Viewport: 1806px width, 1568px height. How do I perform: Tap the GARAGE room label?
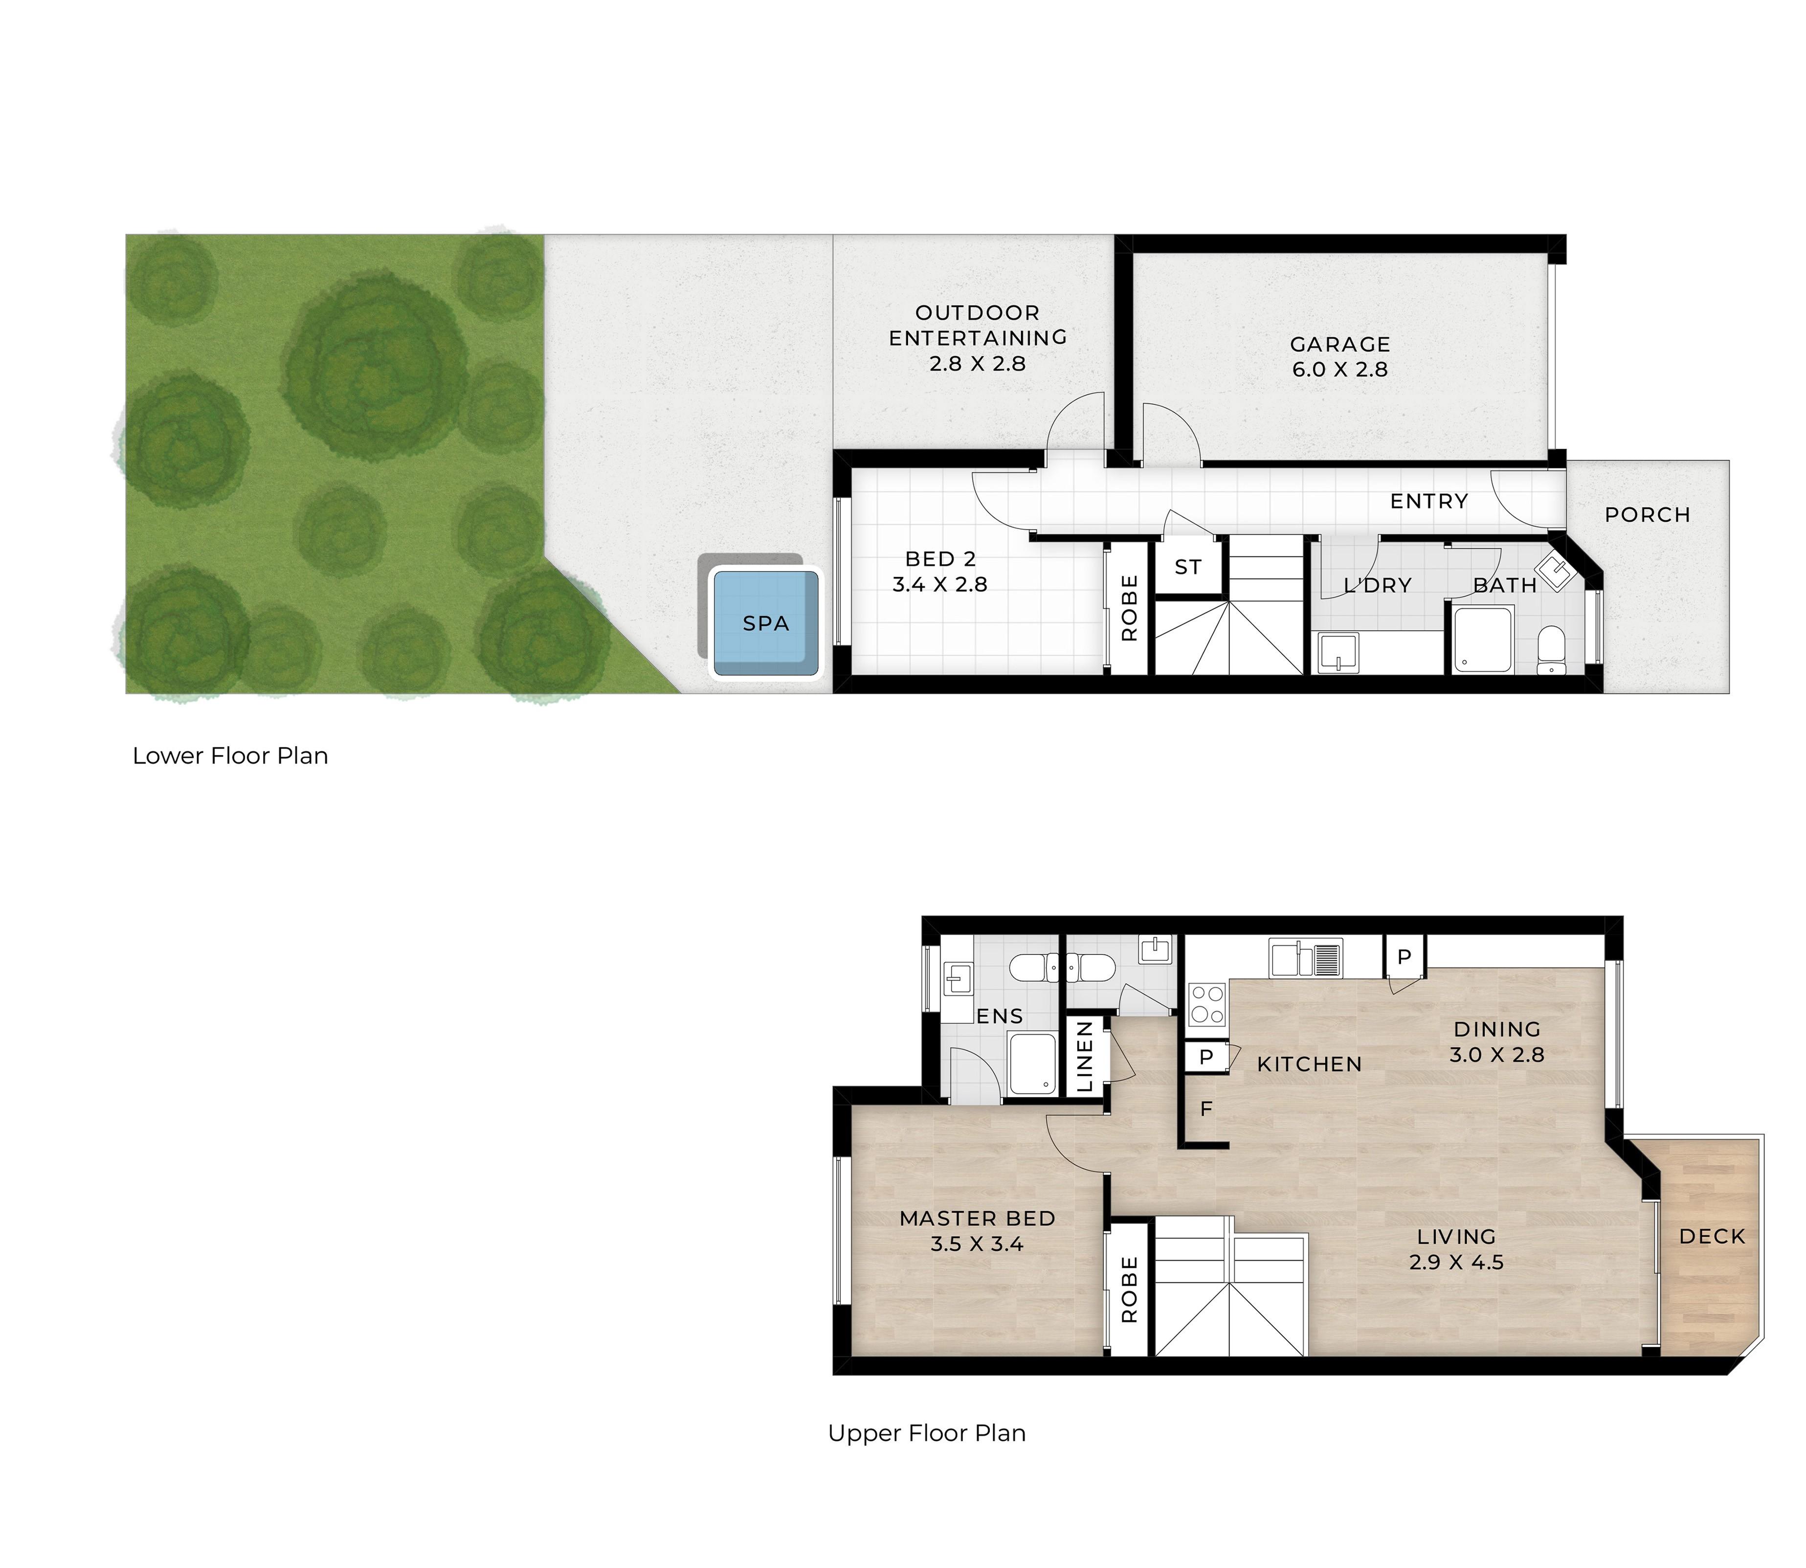[1339, 345]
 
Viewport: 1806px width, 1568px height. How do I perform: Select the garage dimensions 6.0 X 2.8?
[1339, 369]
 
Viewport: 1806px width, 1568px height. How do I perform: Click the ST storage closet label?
[1187, 567]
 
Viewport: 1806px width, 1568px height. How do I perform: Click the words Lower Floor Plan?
[230, 756]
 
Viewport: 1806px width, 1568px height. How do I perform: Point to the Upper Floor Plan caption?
[927, 1433]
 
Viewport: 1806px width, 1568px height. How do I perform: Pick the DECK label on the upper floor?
[1713, 1237]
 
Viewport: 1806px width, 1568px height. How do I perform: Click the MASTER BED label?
[978, 1218]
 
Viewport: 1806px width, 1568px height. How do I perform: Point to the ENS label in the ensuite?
[999, 1016]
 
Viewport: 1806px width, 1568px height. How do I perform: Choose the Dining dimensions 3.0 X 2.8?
[1496, 1054]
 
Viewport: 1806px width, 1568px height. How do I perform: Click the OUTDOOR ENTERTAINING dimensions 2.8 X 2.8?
[978, 363]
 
